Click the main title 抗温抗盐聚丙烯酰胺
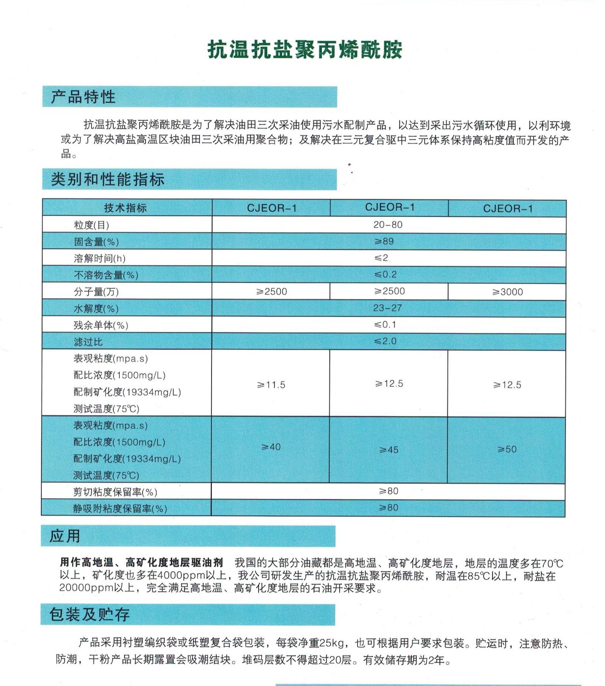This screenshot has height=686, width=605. coord(305,50)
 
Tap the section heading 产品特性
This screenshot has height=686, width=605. coord(83,97)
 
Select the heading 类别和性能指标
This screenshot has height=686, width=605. coord(108,179)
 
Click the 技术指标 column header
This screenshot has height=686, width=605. coord(125,208)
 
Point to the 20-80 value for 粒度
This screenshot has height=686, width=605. coord(388,225)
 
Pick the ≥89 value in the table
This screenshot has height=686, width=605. coord(384,241)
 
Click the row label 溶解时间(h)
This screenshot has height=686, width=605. coord(100,258)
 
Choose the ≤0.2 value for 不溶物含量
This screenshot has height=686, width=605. coord(385,274)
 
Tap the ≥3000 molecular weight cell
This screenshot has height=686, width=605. coord(507,292)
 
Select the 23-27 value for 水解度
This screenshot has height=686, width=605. coord(387,308)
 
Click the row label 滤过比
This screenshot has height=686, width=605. coord(88,342)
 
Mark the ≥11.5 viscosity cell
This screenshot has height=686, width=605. coord(271,385)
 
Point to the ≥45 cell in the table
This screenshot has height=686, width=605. coord(388,450)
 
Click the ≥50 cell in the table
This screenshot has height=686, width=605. coord(507,449)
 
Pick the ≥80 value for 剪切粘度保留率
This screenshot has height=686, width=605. coord(388,491)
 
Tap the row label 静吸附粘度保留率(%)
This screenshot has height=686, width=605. coord(120,509)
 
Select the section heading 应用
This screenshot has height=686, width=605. coord(65,536)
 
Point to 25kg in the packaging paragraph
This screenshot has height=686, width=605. coord(331,643)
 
